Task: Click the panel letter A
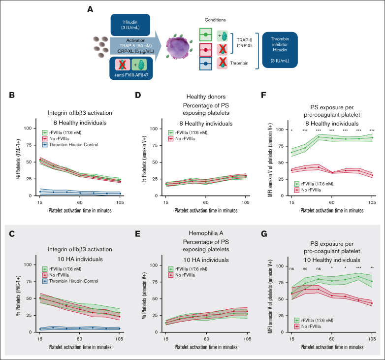coord(90,9)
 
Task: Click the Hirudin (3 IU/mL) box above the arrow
coord(130,25)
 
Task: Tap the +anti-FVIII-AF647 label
coord(131,75)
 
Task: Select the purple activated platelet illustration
coord(178,47)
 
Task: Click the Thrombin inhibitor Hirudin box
coord(280,50)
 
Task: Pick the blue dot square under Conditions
coord(206,64)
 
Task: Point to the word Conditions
coord(215,20)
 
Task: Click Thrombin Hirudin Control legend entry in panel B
coord(70,145)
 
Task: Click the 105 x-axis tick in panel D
coord(246,202)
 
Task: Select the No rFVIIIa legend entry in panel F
coord(308,190)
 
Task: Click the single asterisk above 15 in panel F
coord(291,131)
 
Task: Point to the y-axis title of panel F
coord(270,160)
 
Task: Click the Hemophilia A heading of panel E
coord(206,233)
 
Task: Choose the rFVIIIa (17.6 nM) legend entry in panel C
coord(62,269)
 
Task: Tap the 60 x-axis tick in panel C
coord(80,339)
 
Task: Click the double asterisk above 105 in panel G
coord(372,268)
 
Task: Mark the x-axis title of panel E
coord(206,347)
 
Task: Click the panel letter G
coord(264,234)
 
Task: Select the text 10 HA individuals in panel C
coord(80,259)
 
